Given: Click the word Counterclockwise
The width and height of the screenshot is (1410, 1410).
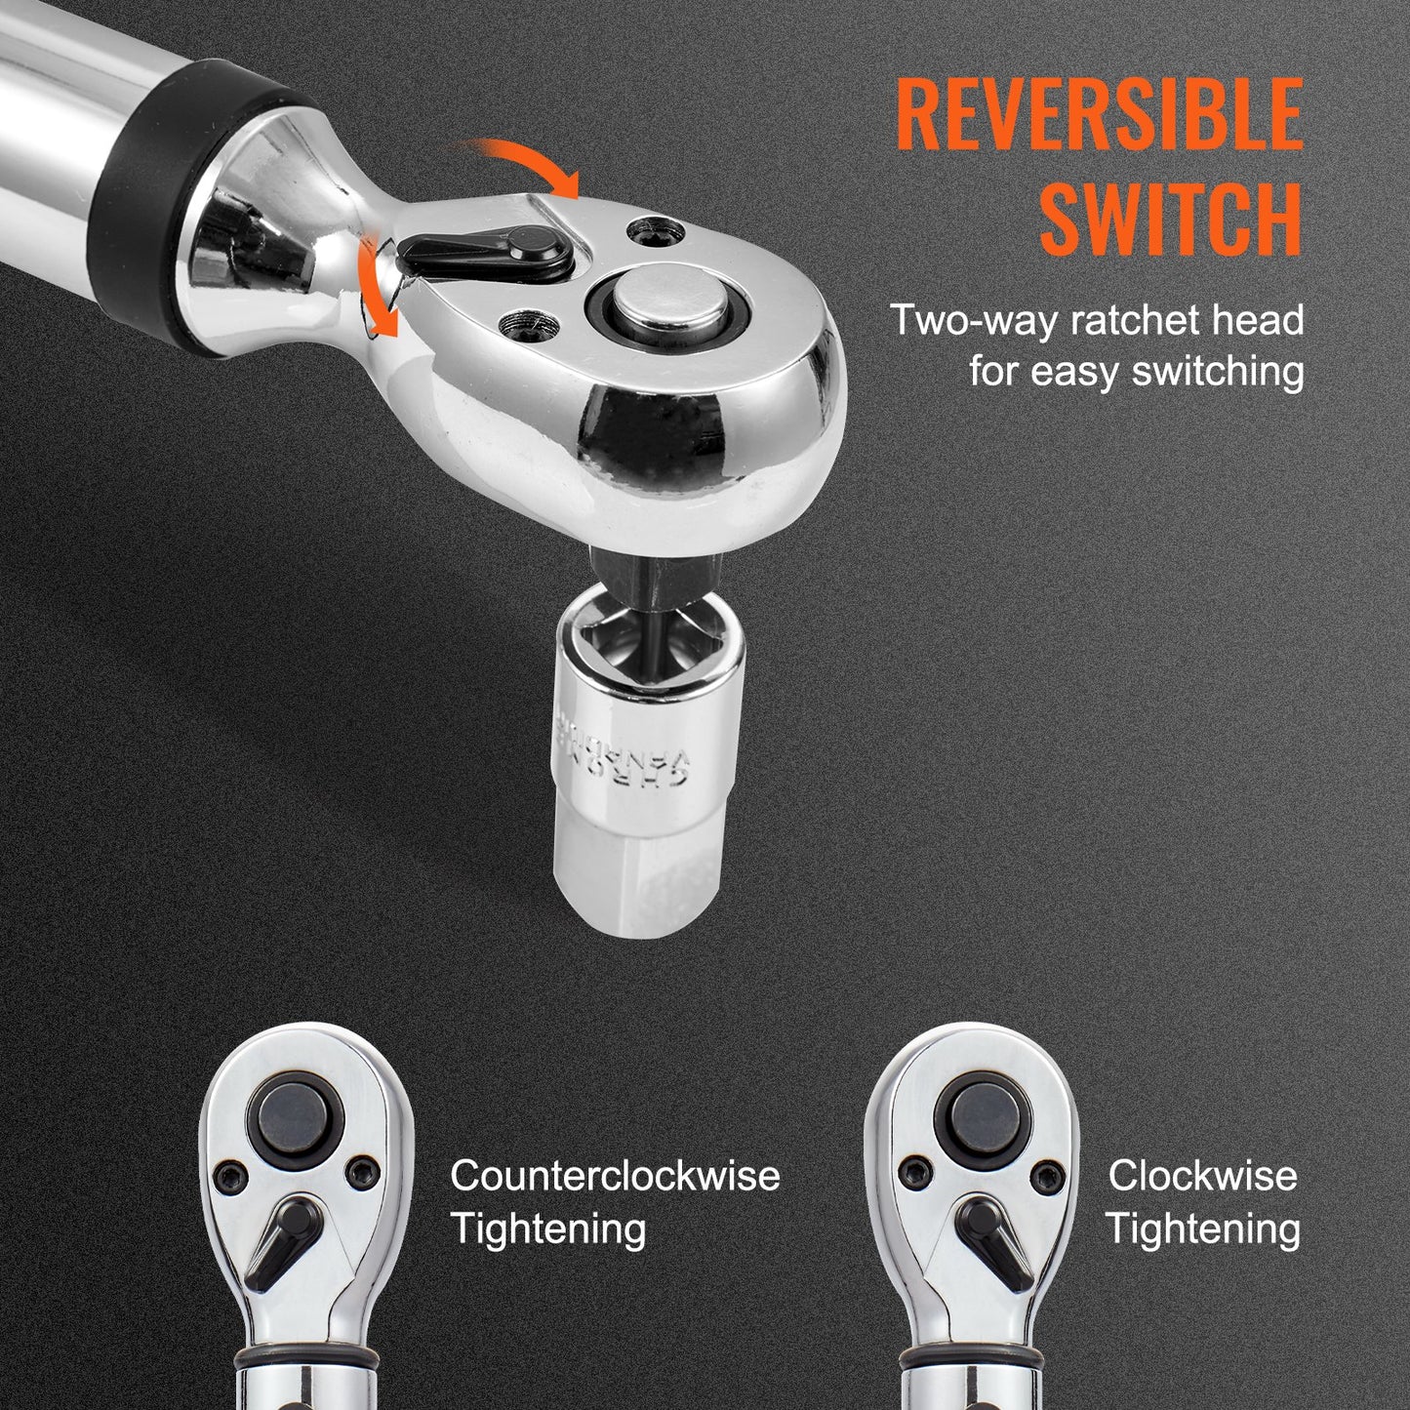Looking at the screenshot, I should point(615,1176).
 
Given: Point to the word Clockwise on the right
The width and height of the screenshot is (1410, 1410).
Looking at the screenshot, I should point(1202,1176).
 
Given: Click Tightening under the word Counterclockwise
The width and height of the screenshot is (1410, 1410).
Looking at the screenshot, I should point(548,1229).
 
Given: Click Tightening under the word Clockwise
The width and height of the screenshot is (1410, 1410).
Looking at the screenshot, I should point(1202,1229).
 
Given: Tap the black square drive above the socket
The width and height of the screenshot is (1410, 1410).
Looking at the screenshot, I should point(656,576).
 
